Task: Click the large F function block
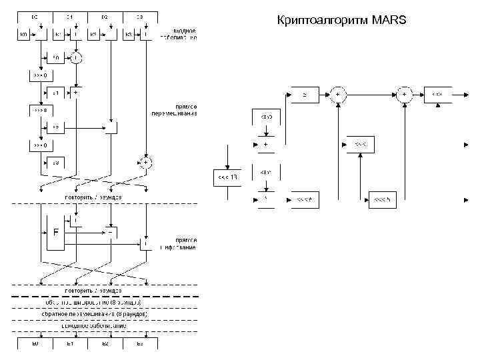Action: tap(56, 233)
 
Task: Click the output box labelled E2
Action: tap(105, 343)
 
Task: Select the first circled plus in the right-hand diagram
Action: tap(339, 95)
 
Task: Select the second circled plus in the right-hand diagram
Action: tap(405, 95)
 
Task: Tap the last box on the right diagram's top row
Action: tap(437, 95)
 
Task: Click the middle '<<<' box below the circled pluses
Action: tap(361, 145)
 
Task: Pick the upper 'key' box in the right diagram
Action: tap(266, 117)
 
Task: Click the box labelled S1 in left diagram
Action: tap(57, 93)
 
